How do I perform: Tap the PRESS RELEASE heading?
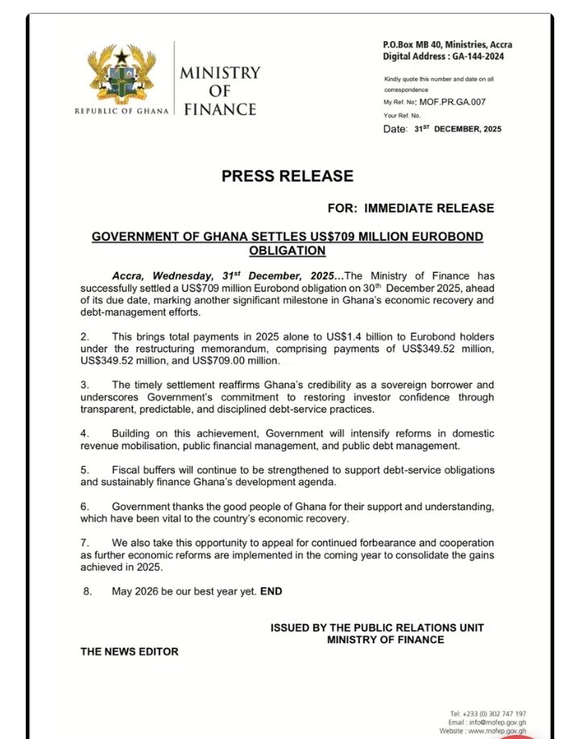coord(287,176)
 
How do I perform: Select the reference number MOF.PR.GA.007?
coord(453,102)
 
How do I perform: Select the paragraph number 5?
coord(84,469)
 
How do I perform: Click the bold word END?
coord(271,591)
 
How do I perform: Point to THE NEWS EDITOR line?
coord(129,651)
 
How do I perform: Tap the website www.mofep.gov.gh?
coord(494,731)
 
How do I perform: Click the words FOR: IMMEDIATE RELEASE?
coord(411,208)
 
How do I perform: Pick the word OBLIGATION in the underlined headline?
coord(287,250)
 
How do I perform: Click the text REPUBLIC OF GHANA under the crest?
coord(122,111)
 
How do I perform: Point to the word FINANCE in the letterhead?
coord(220,109)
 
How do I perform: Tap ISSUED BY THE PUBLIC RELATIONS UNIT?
coord(377,627)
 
